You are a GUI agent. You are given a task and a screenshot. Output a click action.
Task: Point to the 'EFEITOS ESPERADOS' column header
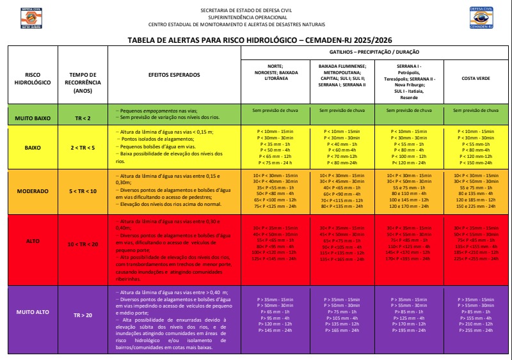pos(174,75)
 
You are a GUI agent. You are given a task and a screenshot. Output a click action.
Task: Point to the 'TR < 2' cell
pos(83,118)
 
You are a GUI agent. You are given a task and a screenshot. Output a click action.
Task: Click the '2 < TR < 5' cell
pos(83,147)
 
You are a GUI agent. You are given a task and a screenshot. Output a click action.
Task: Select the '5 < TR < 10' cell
pos(83,191)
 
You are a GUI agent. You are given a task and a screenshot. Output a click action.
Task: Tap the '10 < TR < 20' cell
pos(83,244)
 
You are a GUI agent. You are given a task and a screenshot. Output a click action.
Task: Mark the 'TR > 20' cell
pos(83,315)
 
